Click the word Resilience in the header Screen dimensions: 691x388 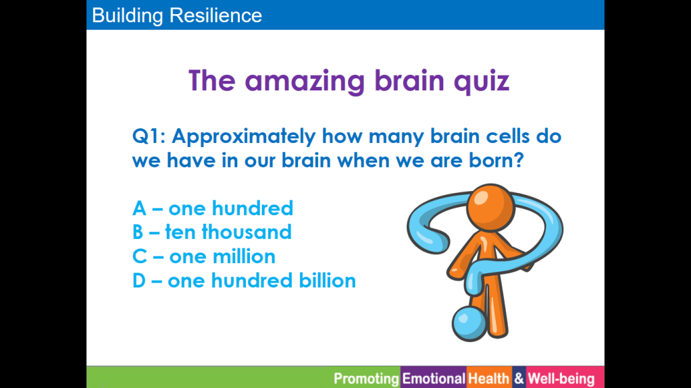216,16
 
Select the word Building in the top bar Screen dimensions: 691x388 128,16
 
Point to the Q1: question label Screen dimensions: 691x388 149,136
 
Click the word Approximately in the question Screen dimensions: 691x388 244,137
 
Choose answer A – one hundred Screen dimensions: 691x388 212,209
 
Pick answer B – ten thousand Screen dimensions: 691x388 212,232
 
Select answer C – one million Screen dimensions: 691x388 203,256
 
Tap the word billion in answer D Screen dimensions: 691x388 328,281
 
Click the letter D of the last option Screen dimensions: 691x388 139,281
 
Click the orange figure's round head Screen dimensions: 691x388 490,207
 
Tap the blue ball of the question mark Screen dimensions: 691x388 469,323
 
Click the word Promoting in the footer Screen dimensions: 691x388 366,379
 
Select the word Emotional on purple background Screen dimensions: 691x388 434,379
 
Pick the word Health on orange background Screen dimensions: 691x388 489,379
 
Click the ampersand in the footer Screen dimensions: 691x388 519,379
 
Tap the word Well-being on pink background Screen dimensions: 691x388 561,379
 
